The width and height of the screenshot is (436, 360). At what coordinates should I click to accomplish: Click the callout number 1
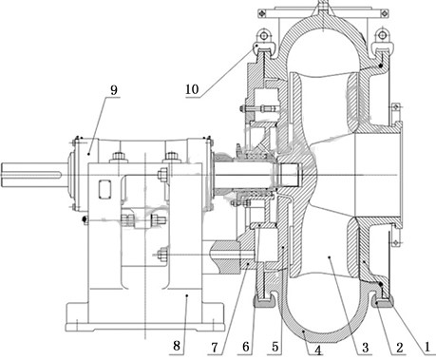[427, 348]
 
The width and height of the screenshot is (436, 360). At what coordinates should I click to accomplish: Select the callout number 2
[400, 348]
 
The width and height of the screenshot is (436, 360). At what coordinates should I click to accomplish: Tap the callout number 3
[366, 348]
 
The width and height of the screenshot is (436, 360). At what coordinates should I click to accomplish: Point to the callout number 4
[318, 351]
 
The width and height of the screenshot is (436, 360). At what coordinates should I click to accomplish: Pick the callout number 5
[275, 348]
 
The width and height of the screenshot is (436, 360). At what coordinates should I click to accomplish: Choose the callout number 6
[246, 348]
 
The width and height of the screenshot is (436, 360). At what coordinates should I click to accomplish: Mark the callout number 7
[215, 348]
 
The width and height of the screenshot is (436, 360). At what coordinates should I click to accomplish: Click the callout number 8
[177, 346]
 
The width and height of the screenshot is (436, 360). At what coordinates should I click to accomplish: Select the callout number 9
[114, 90]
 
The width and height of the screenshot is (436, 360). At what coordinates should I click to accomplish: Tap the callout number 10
[192, 89]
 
